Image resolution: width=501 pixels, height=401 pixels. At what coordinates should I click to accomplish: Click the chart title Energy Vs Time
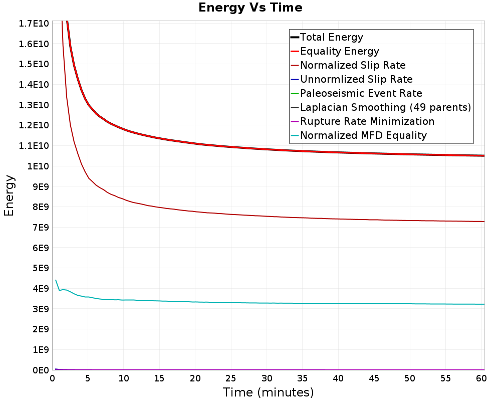click(250, 8)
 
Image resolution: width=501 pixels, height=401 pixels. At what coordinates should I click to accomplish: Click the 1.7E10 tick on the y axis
click(34, 24)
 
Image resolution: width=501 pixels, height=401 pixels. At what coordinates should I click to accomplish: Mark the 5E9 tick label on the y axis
click(41, 268)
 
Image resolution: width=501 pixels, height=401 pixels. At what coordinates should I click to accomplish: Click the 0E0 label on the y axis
click(41, 370)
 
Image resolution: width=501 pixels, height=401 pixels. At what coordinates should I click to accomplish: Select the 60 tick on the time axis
click(481, 378)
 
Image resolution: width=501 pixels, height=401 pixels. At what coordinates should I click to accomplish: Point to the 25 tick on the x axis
click(230, 378)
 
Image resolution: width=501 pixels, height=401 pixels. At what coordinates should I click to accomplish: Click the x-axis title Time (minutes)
click(268, 392)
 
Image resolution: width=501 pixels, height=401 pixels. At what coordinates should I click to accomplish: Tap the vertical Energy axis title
click(9, 195)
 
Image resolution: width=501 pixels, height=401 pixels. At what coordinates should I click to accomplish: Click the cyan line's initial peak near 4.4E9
click(56, 280)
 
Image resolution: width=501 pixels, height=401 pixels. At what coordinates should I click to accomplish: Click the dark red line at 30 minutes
click(267, 216)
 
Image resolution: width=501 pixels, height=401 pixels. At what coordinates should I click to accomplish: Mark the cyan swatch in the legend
click(295, 135)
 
